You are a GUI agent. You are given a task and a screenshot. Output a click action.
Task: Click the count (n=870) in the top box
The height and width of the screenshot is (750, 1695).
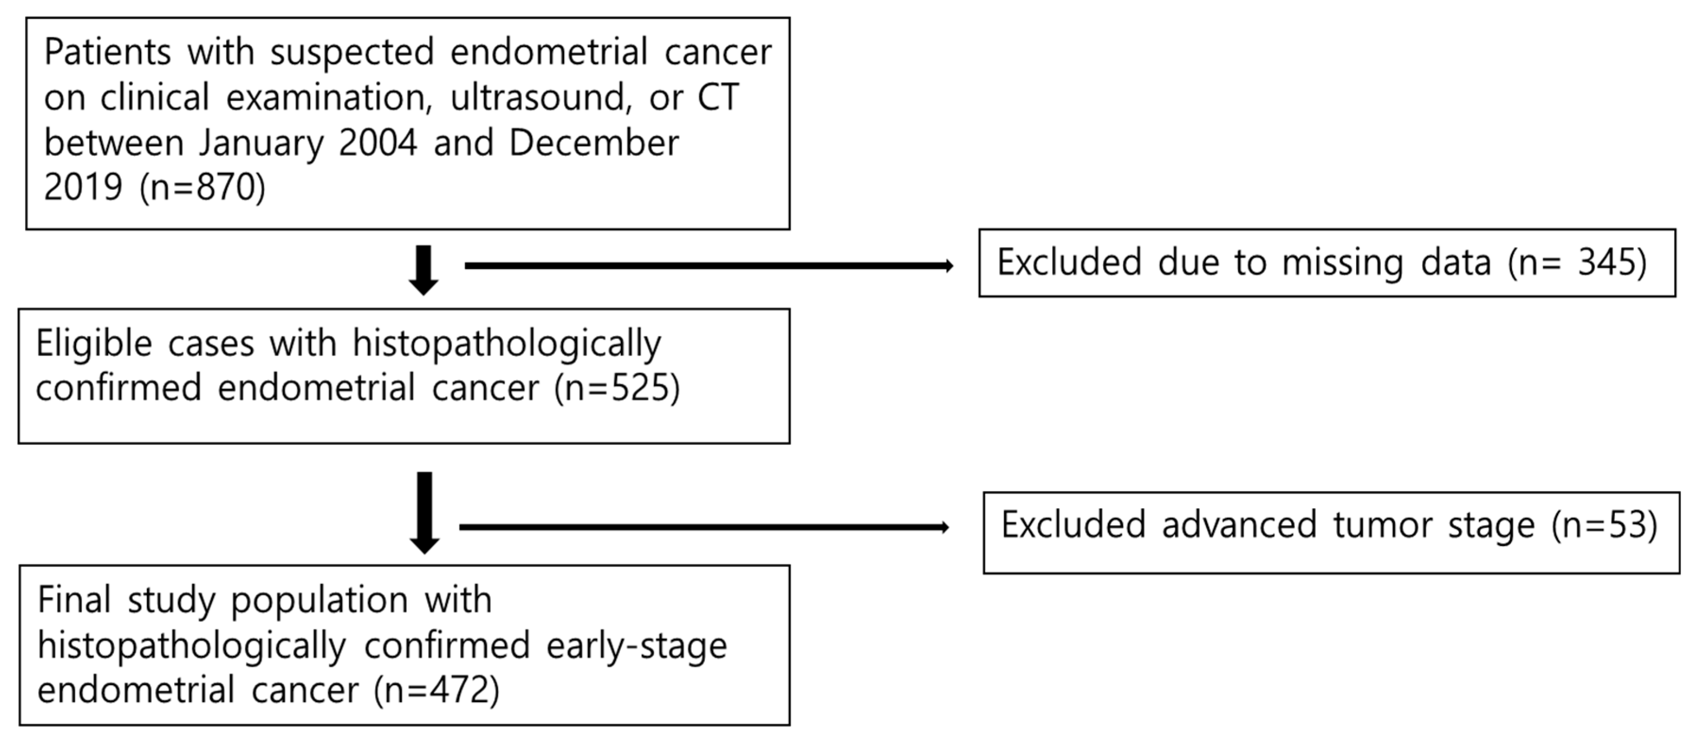tap(202, 187)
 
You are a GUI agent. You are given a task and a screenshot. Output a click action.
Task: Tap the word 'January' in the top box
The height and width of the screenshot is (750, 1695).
tap(261, 143)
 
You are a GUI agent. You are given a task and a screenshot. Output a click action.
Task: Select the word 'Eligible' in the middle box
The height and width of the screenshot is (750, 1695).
tap(94, 344)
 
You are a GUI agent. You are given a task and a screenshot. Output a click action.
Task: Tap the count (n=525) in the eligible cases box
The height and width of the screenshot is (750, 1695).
tap(617, 387)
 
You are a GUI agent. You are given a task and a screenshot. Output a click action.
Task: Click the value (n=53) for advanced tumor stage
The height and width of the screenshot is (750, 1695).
tap(1604, 525)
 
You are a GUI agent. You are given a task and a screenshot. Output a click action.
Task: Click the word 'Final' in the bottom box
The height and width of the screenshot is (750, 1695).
tap(74, 600)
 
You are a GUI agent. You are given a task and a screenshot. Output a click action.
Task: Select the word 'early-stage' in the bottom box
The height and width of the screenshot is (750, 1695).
tap(636, 645)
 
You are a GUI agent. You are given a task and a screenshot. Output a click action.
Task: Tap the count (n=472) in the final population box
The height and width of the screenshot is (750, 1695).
tap(436, 690)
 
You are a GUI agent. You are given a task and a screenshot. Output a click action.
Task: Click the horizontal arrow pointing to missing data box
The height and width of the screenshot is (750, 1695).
tap(709, 266)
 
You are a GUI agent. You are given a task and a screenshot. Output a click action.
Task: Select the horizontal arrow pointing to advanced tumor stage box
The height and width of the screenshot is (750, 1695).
tap(704, 527)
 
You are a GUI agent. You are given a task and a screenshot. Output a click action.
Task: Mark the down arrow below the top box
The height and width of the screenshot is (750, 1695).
tap(424, 270)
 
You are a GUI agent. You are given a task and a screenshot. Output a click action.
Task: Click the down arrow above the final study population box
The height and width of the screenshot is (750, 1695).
tap(424, 512)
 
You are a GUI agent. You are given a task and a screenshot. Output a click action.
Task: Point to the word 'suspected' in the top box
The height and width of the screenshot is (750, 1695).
tap(352, 52)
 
